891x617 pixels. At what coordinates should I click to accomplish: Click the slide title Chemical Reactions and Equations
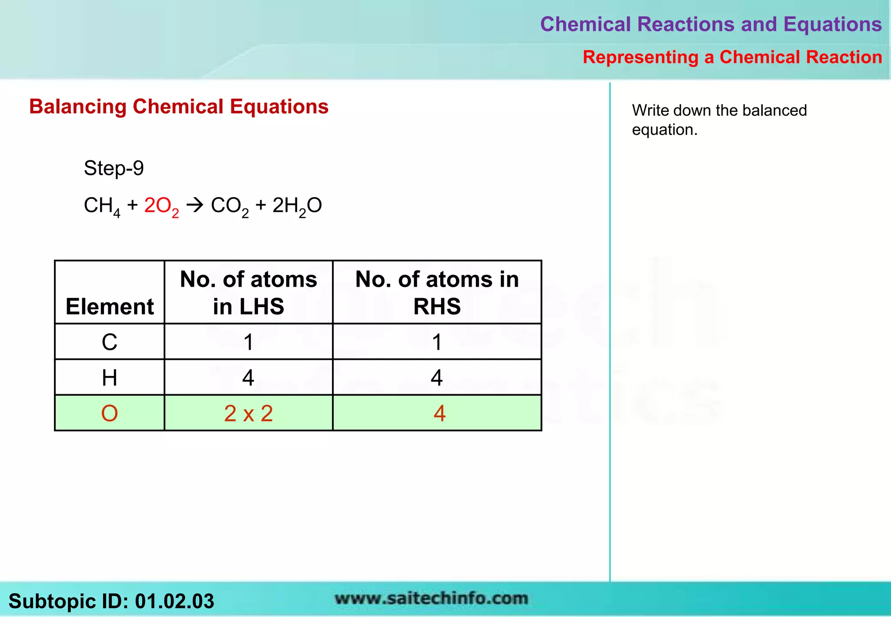tap(710, 24)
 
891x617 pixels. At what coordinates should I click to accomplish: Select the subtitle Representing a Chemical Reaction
tap(732, 57)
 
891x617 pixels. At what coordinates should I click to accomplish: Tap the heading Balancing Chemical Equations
tap(179, 107)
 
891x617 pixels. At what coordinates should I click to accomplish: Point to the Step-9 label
tap(114, 168)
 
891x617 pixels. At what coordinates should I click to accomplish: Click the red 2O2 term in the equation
tap(161, 206)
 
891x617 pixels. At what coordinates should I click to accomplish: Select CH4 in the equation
tap(102, 206)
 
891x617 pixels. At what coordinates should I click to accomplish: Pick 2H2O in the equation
tap(297, 206)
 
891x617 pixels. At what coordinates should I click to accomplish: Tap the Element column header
tap(110, 306)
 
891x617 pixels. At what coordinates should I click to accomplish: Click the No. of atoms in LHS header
tap(248, 292)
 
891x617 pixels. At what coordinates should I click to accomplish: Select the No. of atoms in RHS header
tap(437, 292)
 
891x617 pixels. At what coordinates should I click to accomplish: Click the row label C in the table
tap(110, 342)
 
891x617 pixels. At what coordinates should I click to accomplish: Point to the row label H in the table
tap(110, 378)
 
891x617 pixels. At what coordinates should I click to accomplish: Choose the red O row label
tap(110, 413)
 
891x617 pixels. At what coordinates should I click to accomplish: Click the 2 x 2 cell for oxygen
tap(248, 413)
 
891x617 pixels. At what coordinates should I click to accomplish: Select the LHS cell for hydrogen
tap(248, 378)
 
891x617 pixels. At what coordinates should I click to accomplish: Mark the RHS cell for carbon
tap(437, 342)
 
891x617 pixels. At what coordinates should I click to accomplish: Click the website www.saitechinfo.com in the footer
tap(431, 599)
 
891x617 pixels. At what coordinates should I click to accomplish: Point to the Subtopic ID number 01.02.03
tap(174, 601)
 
